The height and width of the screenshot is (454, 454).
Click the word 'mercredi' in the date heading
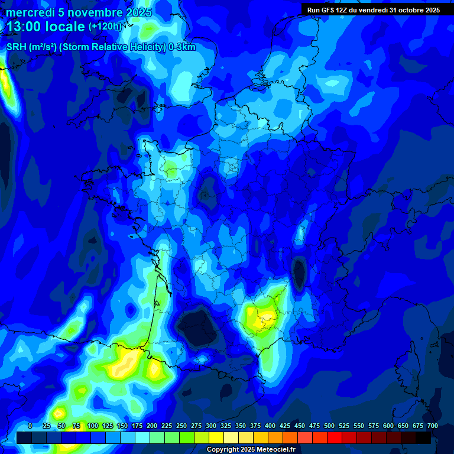30,13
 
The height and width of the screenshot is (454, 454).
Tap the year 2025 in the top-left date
138,13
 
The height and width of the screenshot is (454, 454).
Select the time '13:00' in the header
25,27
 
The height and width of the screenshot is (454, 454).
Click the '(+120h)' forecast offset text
105,27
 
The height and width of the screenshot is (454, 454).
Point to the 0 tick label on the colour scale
30,426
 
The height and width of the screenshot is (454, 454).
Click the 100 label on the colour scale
93,426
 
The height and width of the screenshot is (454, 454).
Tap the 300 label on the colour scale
211,426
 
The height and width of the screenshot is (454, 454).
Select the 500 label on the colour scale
329,426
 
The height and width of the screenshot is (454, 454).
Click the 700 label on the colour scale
433,426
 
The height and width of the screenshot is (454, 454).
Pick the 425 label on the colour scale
285,426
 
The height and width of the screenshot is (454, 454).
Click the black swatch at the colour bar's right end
423,437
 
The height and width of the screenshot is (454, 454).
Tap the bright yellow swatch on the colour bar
216,437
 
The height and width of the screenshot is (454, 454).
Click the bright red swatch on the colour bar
335,437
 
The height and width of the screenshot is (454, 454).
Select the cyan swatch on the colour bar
142,437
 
